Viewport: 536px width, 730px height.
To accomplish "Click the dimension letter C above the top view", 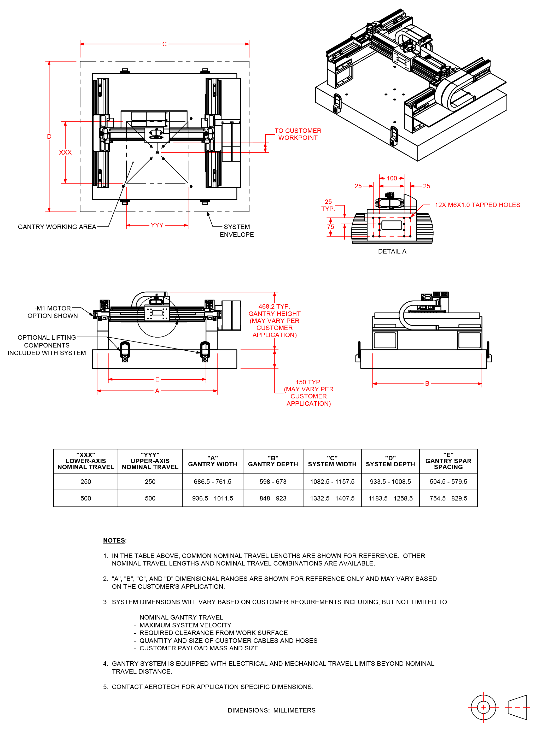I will click(x=165, y=44).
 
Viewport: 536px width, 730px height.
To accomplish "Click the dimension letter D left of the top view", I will click(x=49, y=137).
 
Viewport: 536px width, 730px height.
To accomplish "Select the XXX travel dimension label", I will click(x=65, y=152).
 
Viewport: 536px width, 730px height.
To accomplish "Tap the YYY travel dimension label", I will click(x=157, y=225).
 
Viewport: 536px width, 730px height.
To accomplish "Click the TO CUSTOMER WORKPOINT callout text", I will click(x=298, y=134).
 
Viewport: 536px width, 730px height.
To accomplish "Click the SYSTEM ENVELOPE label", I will click(x=237, y=231).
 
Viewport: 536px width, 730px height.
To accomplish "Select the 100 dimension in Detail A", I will click(x=392, y=178).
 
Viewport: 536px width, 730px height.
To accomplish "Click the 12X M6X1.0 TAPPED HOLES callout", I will click(x=477, y=205).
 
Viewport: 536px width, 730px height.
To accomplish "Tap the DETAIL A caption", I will click(x=392, y=251).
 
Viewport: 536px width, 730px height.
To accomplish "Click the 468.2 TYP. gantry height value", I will click(x=274, y=307).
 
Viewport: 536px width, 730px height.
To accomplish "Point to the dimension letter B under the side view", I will click(x=427, y=384).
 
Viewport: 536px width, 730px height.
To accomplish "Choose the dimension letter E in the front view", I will click(x=157, y=379).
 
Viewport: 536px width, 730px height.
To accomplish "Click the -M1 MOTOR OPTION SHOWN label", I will click(x=53, y=312).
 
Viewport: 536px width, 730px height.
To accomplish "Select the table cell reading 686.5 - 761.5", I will click(x=213, y=482).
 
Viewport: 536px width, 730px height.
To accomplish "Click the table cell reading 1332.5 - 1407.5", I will click(x=332, y=498).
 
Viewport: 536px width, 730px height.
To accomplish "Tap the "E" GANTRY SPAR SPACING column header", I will click(x=448, y=461).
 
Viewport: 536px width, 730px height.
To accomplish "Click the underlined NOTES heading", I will click(x=114, y=540).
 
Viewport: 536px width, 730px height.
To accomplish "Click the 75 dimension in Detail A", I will click(x=330, y=227).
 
